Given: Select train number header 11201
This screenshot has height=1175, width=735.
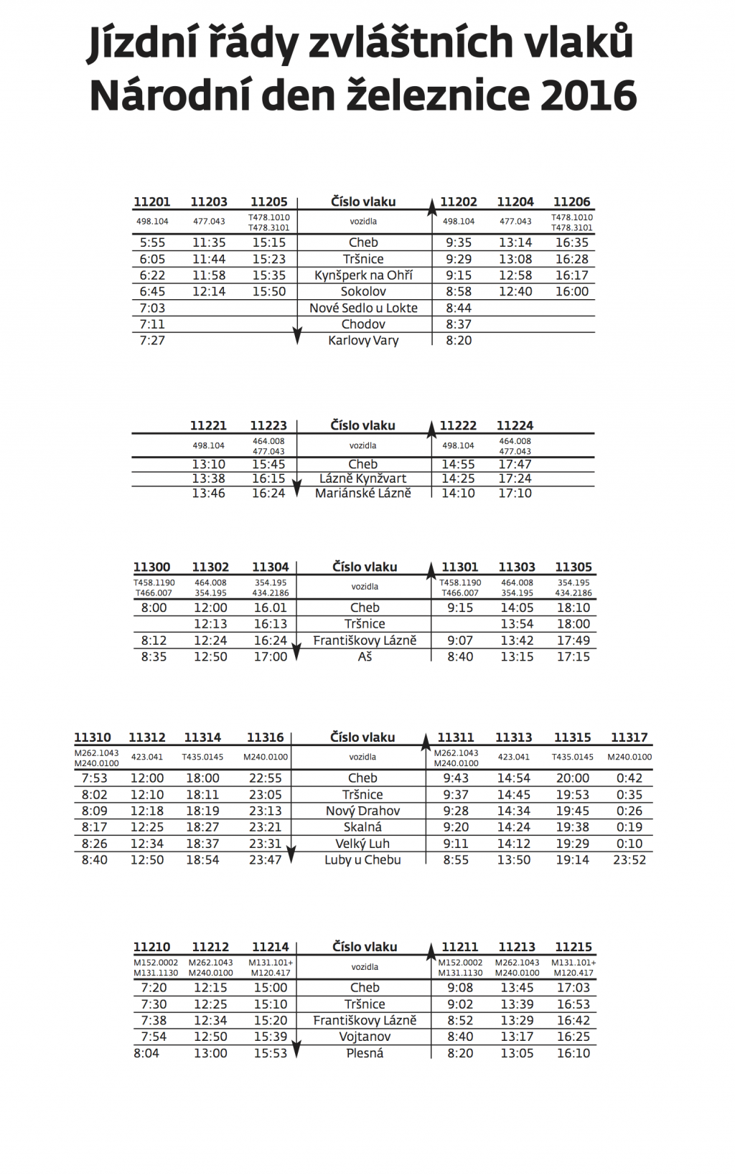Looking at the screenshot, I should click(x=151, y=202).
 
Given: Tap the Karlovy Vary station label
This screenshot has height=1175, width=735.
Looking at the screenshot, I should click(x=363, y=341).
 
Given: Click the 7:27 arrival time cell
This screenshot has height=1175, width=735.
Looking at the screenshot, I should click(x=152, y=341).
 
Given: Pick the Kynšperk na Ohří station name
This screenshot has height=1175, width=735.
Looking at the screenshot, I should click(x=363, y=275).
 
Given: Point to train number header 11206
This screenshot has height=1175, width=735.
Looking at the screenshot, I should click(x=571, y=202).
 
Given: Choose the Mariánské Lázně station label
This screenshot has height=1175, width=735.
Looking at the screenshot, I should click(x=363, y=494).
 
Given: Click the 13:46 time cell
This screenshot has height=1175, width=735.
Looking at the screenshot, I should click(x=208, y=494).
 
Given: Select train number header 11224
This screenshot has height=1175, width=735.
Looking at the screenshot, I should click(x=515, y=426).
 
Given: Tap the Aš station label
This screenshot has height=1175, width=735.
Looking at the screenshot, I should click(x=365, y=657).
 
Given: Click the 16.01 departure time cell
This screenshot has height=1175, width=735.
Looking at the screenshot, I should click(x=270, y=608).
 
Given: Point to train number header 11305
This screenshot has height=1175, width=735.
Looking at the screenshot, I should click(x=573, y=567).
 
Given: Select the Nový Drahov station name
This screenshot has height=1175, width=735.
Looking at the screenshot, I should click(x=362, y=811).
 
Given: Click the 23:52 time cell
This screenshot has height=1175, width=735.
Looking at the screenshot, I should click(x=629, y=860).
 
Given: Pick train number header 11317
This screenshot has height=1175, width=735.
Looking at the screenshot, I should click(x=629, y=738).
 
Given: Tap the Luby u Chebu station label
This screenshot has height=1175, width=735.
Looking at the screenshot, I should click(x=362, y=860).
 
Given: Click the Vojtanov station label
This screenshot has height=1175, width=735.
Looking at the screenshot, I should click(x=365, y=1037).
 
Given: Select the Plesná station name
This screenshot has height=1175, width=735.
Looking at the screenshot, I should click(x=365, y=1054).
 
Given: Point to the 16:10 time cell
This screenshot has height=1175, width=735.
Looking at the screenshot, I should click(x=573, y=1054).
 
